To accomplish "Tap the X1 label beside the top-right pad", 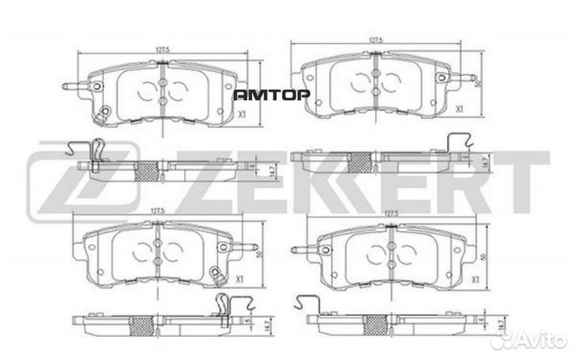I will pyautogui.click(x=459, y=107).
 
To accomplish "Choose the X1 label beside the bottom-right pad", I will pyautogui.click(x=474, y=279).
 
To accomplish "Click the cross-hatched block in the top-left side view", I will pyautogui.click(x=150, y=169).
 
